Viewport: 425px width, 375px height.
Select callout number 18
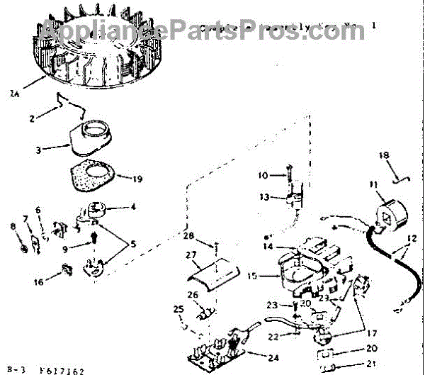click(383, 155)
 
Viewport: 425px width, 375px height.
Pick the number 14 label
click(268, 246)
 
